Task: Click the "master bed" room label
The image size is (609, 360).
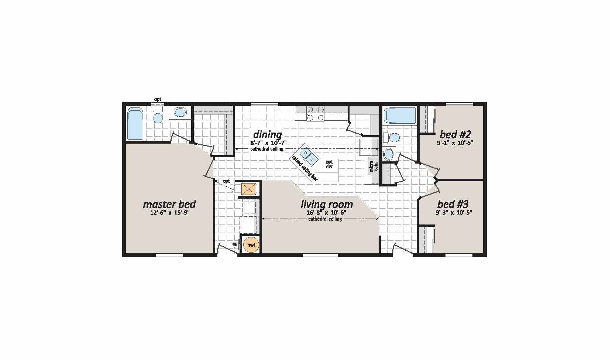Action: pos(169,204)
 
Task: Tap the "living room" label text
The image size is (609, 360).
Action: pos(327,204)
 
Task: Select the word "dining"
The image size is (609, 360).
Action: pos(268,134)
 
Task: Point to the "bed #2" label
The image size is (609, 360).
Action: pos(455,134)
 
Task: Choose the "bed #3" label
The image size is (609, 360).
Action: pos(453,204)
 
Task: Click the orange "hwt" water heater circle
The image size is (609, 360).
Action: pos(251,245)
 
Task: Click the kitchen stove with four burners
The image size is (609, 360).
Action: pos(315,114)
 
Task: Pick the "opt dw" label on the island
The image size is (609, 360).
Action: pos(329,164)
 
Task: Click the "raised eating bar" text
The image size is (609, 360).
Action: pos(304,168)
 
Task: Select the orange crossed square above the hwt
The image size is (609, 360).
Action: pos(249,189)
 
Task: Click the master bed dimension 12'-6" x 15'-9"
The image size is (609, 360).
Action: pos(170,212)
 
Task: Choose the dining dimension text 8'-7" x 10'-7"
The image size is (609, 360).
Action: pos(269,143)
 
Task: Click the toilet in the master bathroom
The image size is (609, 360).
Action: pos(158,116)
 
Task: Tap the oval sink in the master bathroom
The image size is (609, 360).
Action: pos(180,112)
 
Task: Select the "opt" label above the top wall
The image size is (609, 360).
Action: pos(158,99)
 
